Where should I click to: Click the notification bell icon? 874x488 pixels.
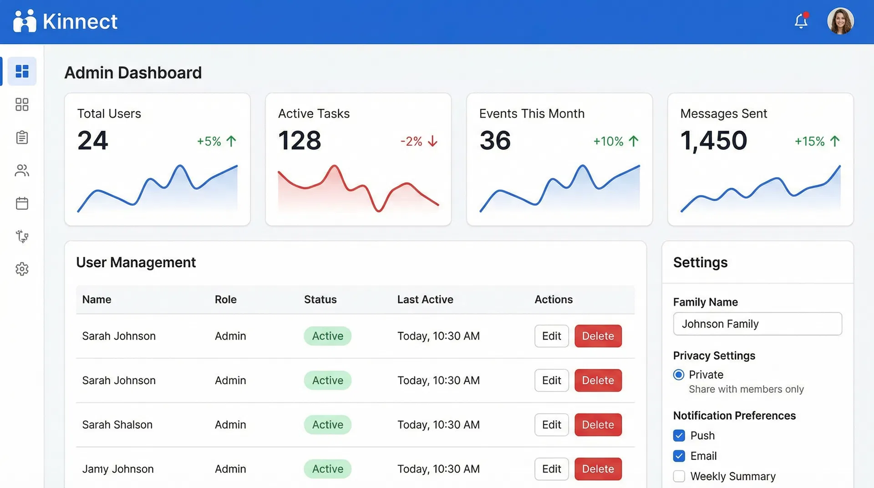pos(801,21)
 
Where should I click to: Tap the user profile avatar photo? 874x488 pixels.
pos(840,21)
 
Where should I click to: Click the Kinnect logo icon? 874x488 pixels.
pos(25,21)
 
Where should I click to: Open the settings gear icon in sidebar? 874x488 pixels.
pos(22,269)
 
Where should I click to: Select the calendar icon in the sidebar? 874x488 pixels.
pos(22,203)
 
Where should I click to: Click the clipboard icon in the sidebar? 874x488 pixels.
pos(22,137)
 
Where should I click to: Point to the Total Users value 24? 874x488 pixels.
pos(93,140)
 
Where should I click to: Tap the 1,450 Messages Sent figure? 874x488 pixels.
pos(713,140)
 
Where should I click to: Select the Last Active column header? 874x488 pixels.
pos(425,300)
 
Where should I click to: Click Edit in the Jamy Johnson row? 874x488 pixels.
pos(551,469)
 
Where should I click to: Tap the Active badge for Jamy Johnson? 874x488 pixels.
pos(327,469)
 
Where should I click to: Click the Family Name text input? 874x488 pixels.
pos(757,324)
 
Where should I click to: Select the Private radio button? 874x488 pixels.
pos(678,375)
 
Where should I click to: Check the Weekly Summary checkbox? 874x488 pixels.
pos(679,476)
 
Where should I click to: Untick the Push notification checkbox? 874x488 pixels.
pos(679,436)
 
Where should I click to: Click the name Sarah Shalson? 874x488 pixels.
pos(117,425)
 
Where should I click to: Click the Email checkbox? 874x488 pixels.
pos(679,456)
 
